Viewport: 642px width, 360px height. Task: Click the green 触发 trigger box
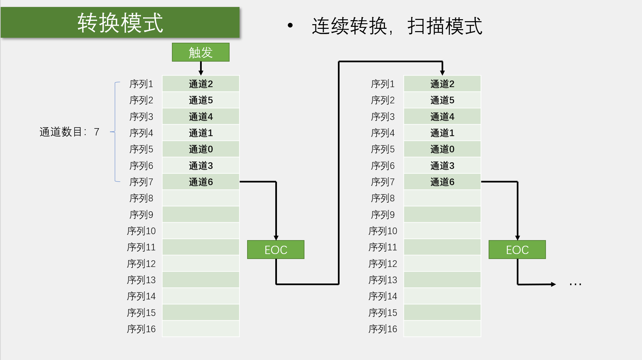pos(200,52)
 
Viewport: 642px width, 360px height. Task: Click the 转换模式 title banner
pos(120,23)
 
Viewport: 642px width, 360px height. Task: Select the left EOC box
pos(276,250)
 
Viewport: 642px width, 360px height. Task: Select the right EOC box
pos(517,250)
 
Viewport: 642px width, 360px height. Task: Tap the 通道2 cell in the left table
pos(201,84)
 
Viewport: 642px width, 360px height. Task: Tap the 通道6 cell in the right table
pos(442,182)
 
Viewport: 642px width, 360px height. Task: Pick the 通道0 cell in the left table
pos(201,149)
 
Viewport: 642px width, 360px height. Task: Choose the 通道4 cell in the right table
pos(442,117)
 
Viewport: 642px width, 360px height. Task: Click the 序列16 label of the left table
pos(141,329)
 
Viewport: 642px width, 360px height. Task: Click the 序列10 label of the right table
pos(383,231)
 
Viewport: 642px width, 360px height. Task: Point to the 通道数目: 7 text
pos(69,132)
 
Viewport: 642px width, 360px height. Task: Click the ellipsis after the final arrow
pos(575,284)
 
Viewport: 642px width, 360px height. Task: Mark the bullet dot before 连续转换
pos(290,26)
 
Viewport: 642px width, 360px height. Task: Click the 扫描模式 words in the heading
pos(445,26)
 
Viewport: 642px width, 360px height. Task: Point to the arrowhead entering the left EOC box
pos(276,238)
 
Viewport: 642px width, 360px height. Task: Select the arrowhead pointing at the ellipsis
pos(553,284)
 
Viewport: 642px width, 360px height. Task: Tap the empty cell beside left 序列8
pos(201,198)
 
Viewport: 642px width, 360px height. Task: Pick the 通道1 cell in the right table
pos(442,133)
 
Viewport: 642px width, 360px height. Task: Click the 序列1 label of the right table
pos(383,84)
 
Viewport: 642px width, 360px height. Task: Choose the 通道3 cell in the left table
pos(201,166)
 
